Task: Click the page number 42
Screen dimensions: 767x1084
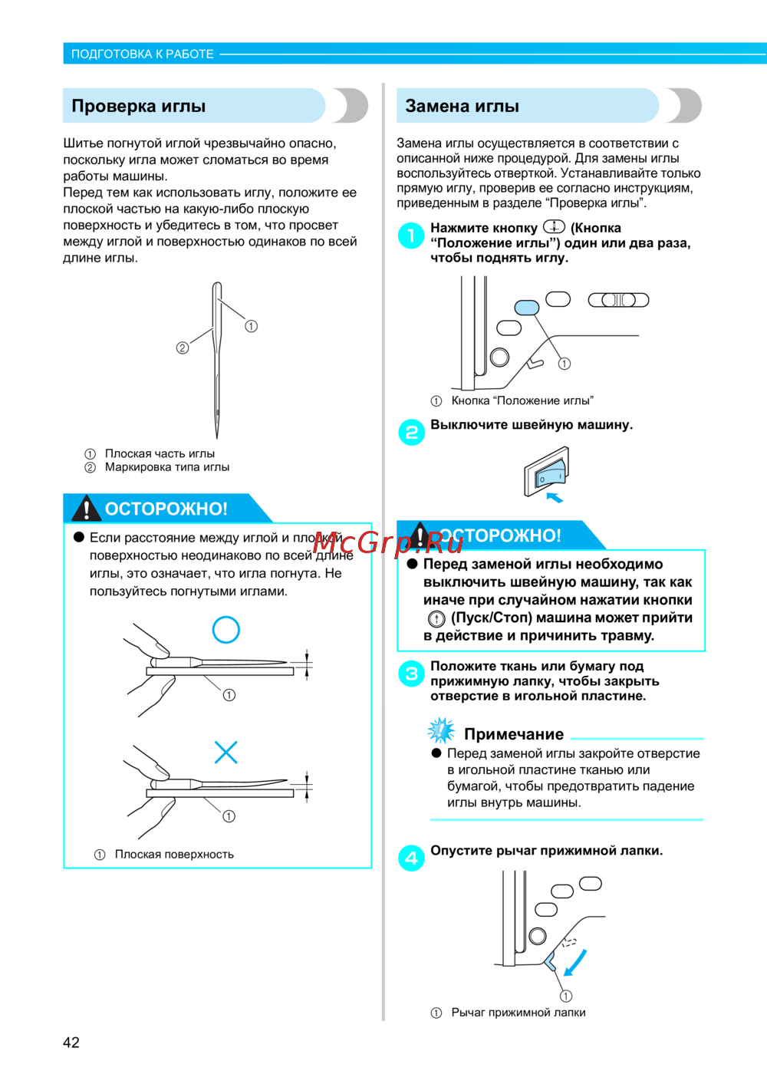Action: pos(71,1042)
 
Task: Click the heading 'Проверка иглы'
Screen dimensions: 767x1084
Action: pos(138,106)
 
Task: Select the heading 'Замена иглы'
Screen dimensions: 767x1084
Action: pos(463,106)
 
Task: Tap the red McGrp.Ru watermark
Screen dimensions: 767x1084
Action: pos(388,543)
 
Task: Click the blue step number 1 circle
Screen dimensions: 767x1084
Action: pos(411,236)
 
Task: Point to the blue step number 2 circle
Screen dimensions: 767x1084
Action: pos(411,432)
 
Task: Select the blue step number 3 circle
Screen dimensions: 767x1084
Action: pos(411,674)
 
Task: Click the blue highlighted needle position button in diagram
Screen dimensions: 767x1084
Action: pos(526,308)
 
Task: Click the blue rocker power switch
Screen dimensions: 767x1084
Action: pos(549,474)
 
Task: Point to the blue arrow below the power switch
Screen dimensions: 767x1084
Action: pos(555,497)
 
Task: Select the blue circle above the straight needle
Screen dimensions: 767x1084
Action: pos(226,630)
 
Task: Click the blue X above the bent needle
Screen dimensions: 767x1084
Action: pos(226,752)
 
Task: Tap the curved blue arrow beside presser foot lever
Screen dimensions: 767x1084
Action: pos(575,963)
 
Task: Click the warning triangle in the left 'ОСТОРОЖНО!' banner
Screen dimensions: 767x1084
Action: pos(86,508)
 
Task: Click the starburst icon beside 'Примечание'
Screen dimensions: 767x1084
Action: pos(441,731)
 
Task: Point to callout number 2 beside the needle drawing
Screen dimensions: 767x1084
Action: pos(182,348)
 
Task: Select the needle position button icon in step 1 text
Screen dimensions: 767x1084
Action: pos(554,226)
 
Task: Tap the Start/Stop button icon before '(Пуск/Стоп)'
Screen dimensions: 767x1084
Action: pos(436,619)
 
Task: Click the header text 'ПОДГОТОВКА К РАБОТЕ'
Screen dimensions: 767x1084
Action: pos(142,54)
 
